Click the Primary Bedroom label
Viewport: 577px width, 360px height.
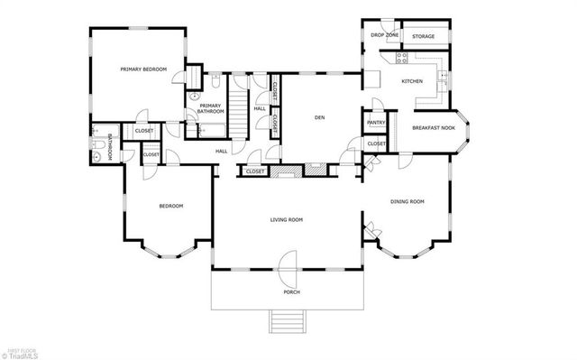144,69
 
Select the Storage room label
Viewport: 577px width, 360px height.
423,36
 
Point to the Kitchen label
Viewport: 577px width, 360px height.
412,81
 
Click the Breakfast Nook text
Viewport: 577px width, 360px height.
433,128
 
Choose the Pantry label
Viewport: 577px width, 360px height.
376,122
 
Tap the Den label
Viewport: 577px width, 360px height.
319,117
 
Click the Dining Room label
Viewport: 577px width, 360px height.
407,201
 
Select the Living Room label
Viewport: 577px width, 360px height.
286,219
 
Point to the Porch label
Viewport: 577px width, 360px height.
290,291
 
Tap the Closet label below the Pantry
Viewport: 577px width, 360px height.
376,143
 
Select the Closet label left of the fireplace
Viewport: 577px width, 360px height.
255,171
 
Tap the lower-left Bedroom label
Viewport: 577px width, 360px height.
171,206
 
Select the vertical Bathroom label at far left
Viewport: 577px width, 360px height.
109,146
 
